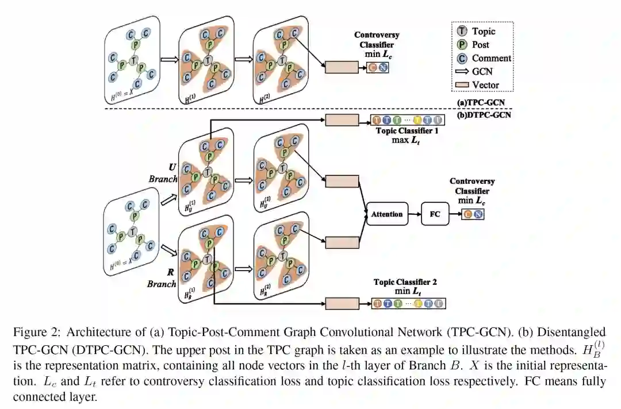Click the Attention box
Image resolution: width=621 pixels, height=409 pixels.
(x=387, y=214)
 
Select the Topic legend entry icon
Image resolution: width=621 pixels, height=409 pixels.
(x=463, y=32)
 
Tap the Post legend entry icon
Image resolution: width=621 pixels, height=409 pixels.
(x=463, y=45)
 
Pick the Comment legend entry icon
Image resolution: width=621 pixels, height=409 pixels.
(x=463, y=58)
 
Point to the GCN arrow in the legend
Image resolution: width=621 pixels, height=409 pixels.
(x=462, y=72)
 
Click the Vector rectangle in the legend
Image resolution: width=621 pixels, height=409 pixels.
(x=462, y=86)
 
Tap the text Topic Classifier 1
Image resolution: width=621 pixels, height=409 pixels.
(x=407, y=130)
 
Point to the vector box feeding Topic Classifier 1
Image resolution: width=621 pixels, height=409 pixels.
(x=342, y=120)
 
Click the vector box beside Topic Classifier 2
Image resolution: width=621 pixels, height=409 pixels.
(x=342, y=303)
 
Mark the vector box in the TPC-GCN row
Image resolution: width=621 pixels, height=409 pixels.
(x=342, y=67)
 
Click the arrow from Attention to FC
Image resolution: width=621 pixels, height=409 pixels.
(x=415, y=214)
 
